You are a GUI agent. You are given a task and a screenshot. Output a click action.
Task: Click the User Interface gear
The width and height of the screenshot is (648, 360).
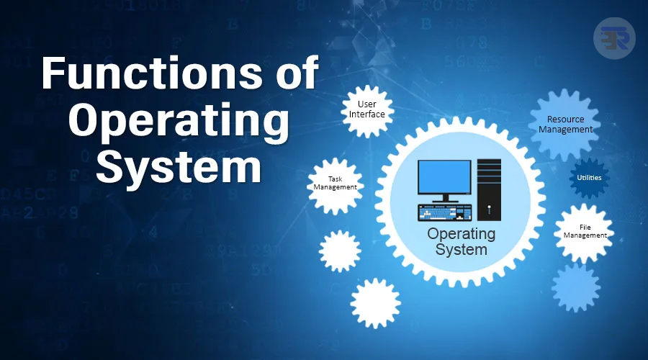pos(366,109)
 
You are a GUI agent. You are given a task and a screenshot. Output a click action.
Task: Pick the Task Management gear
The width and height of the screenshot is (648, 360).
pos(335,184)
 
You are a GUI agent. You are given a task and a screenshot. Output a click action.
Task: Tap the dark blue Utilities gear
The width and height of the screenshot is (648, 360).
pos(589,177)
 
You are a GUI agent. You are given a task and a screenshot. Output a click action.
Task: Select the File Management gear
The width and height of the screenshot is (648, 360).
pos(584,232)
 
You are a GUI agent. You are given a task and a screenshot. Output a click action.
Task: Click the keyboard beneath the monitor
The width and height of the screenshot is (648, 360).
pos(445,212)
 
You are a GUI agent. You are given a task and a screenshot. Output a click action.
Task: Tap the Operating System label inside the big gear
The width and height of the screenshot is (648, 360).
pos(462,241)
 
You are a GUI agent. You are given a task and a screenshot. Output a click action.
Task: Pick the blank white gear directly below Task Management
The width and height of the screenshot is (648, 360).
pos(340,251)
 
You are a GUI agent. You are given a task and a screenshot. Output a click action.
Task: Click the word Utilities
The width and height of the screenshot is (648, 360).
pos(589,177)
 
